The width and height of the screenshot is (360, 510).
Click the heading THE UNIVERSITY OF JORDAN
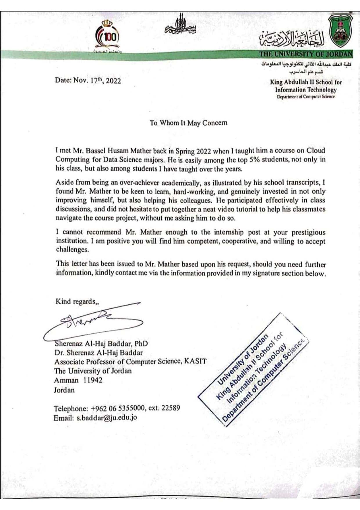306,54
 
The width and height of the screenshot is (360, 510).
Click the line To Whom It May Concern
188,123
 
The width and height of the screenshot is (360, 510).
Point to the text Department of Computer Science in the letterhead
305,97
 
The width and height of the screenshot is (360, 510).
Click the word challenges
72,250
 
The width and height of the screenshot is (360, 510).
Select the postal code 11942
93,380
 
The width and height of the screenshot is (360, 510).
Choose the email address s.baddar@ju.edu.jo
107,418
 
